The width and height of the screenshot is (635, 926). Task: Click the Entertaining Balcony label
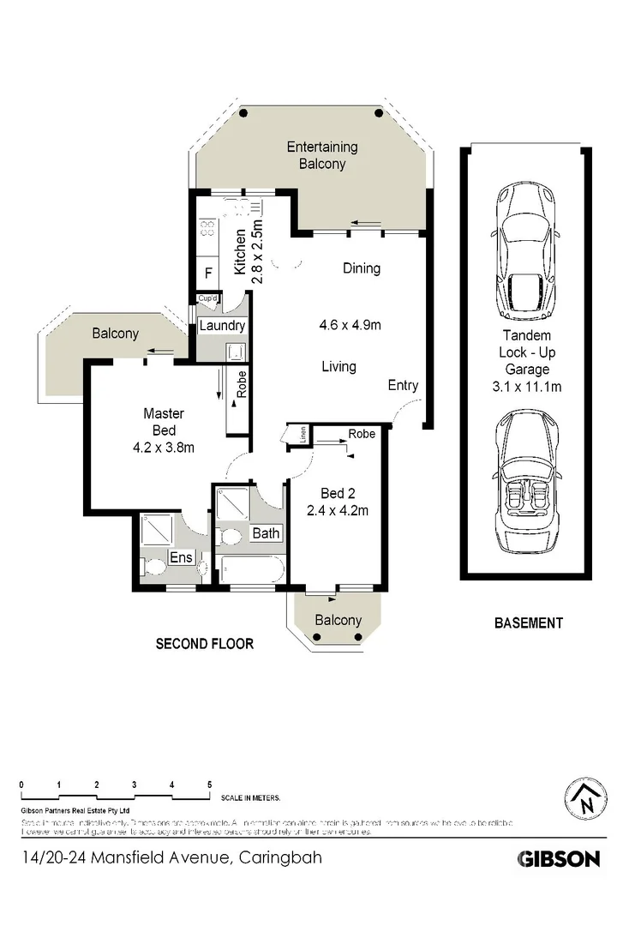[x=322, y=155]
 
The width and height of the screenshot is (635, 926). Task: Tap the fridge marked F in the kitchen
[x=207, y=275]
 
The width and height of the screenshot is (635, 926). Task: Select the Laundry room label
[x=222, y=326]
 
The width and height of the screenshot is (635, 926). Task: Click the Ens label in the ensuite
[x=180, y=557]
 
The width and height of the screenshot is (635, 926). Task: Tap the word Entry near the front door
[x=403, y=385]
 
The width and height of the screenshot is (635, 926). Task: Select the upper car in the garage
[x=524, y=253]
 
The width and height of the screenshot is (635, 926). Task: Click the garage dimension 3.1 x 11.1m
[x=526, y=386]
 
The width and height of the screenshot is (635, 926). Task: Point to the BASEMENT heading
[x=529, y=623]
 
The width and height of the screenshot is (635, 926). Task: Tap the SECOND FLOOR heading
[x=204, y=643]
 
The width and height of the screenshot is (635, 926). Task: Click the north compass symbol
[x=586, y=801]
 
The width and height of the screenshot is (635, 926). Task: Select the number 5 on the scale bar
[x=209, y=785]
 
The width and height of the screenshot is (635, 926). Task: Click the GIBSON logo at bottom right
[x=558, y=858]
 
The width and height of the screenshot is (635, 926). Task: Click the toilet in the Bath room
[x=230, y=537]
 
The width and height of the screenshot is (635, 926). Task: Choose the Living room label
[x=338, y=367]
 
